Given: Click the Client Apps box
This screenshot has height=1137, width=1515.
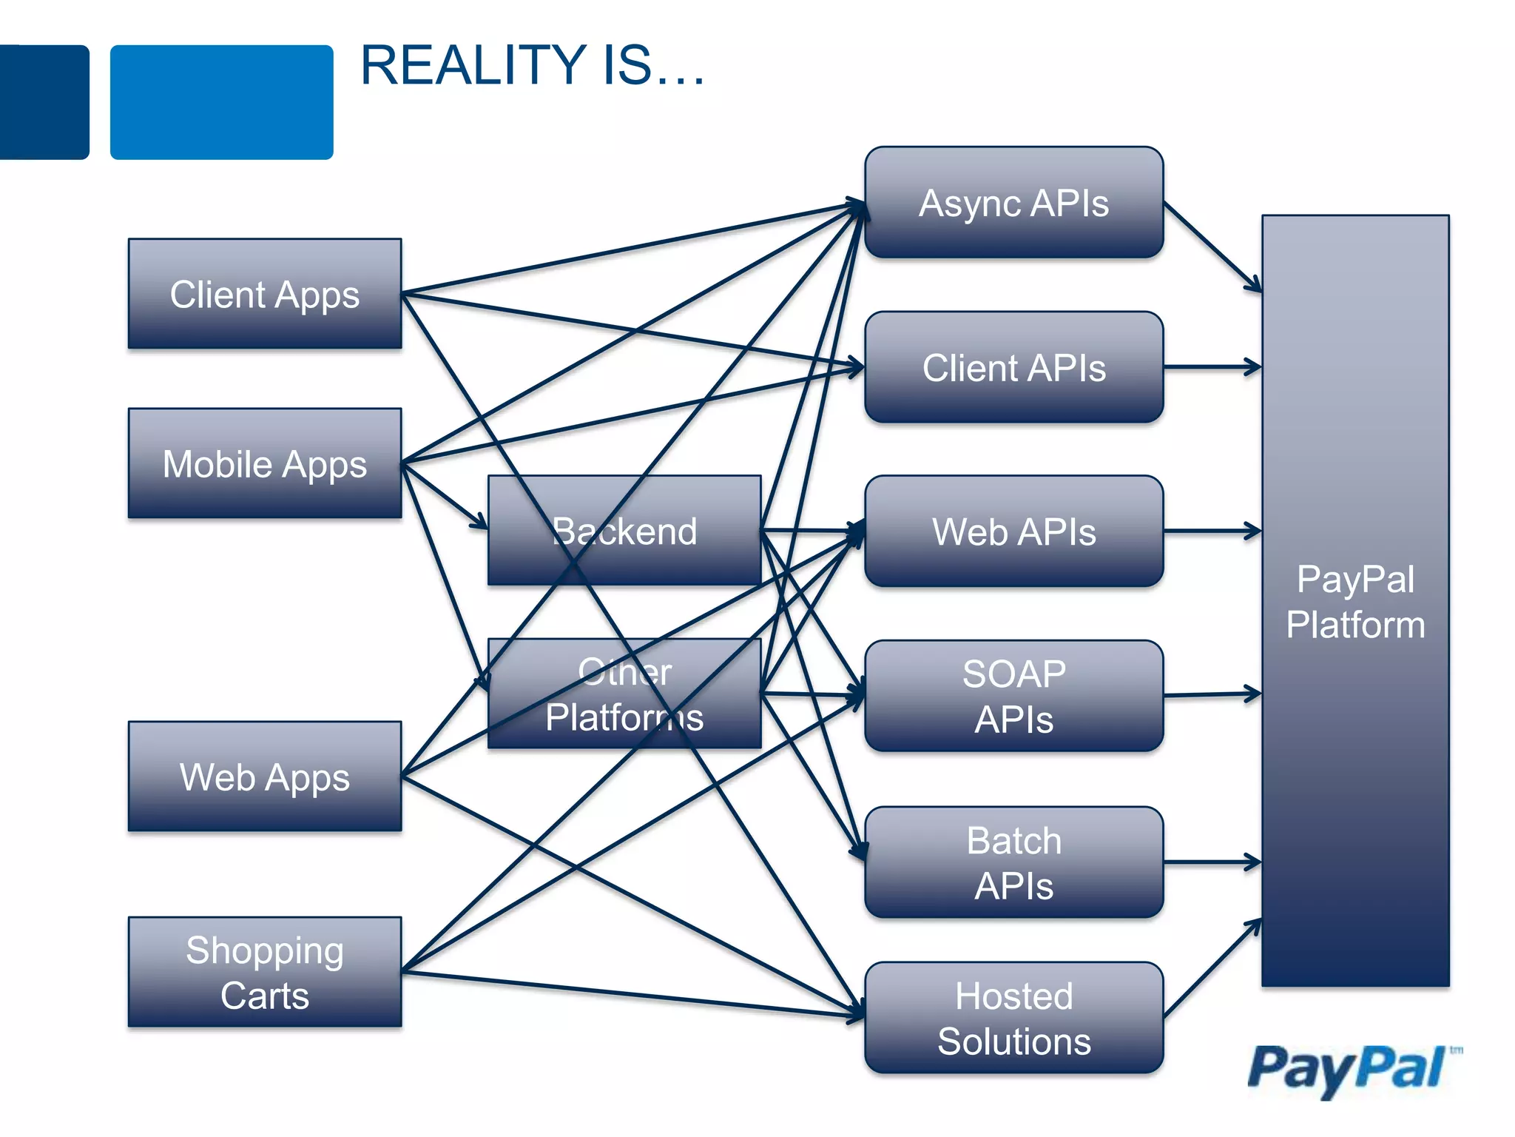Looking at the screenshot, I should tap(264, 294).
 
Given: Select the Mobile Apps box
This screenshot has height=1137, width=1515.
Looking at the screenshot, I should tap(264, 463).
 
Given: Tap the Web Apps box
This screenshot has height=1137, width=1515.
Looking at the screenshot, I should tap(264, 777).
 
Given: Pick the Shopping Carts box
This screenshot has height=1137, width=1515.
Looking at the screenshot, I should tap(264, 972).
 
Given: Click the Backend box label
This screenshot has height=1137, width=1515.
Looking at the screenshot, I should tap(625, 531).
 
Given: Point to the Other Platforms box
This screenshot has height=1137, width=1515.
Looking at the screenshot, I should tap(625, 694).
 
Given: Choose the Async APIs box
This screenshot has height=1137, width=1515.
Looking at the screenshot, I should tap(1013, 203).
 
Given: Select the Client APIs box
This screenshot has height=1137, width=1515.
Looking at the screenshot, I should tap(1013, 368).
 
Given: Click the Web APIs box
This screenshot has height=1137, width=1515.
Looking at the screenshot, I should tap(1013, 531).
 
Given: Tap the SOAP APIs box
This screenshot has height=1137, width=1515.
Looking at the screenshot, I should tap(1013, 697).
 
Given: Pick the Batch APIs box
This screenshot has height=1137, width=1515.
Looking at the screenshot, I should tap(1013, 862).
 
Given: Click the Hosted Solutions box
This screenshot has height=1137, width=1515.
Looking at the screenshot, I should tap(1013, 1018).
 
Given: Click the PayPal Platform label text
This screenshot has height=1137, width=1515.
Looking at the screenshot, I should tap(1355, 602).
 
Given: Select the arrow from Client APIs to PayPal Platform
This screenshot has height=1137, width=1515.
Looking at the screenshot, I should tap(1213, 366).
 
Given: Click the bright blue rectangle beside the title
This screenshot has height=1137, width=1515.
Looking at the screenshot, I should tap(221, 102).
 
